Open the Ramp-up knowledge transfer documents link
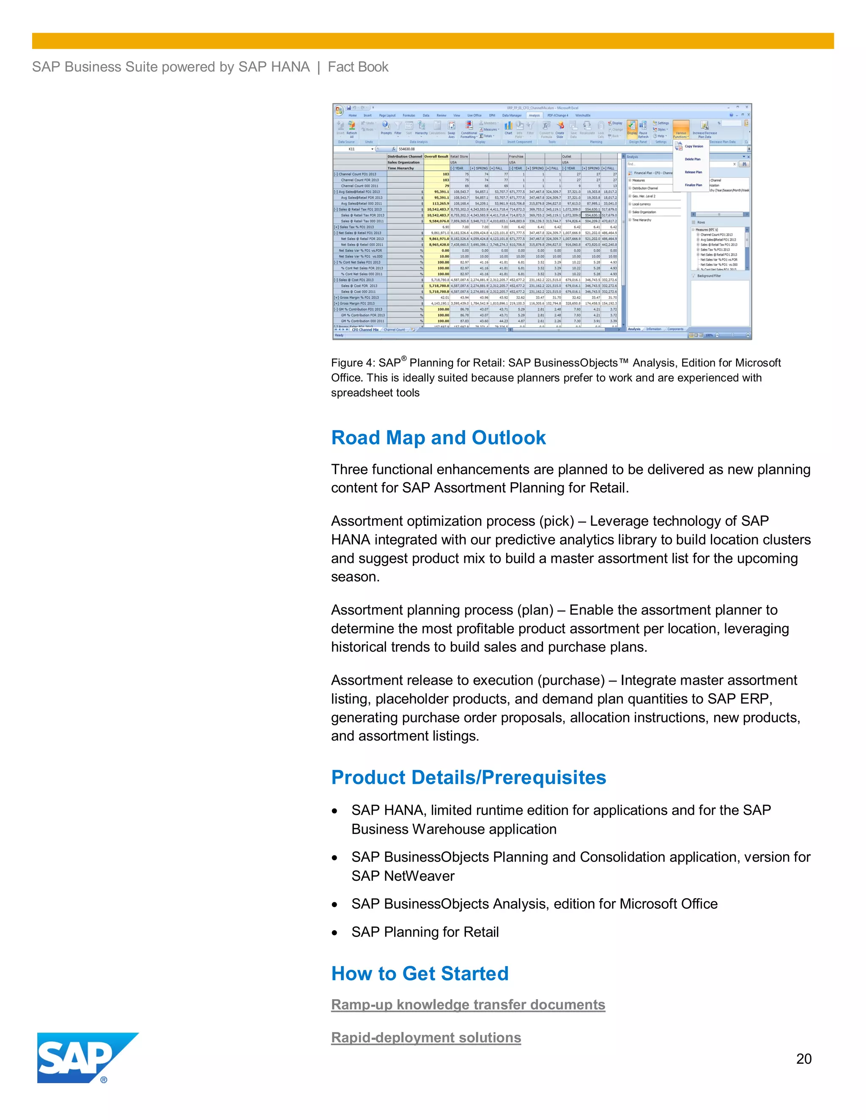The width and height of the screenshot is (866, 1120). tap(468, 1004)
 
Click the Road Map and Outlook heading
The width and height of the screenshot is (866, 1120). tap(438, 437)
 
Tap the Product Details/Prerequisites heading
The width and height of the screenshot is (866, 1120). tap(469, 777)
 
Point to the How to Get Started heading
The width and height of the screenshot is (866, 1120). tap(419, 973)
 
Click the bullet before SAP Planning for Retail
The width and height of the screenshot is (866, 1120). tap(334, 933)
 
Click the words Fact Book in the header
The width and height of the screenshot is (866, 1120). tap(358, 67)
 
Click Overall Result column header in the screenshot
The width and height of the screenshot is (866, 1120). tap(436, 156)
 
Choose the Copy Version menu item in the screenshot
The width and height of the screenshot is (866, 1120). tap(693, 146)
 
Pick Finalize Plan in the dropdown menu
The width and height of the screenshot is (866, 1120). tap(693, 185)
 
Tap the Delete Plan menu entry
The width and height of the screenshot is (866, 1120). tap(692, 159)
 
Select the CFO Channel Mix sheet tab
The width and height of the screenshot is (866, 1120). tap(365, 330)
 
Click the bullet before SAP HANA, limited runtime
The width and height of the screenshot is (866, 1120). tap(334, 811)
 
